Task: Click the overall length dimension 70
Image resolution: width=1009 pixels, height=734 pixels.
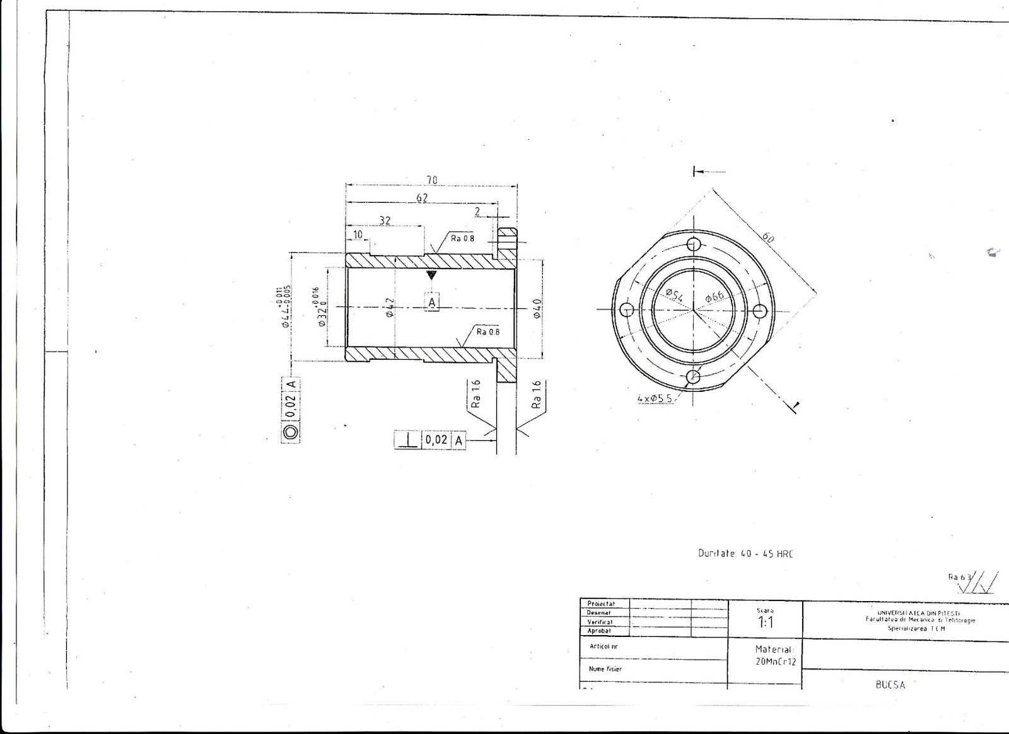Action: [432, 180]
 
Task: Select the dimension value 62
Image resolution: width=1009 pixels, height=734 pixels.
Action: [422, 198]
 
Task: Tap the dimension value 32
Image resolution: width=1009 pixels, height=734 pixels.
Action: [385, 220]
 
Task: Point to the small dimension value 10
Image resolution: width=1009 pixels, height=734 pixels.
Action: [358, 234]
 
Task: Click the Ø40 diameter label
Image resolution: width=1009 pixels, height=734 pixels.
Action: [537, 309]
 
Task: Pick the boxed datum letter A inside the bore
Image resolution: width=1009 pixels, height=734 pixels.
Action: [432, 303]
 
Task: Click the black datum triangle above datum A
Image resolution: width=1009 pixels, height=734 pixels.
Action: [431, 275]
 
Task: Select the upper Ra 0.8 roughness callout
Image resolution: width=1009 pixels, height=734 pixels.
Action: [462, 238]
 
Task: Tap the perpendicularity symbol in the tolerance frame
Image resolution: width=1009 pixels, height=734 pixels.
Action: [408, 440]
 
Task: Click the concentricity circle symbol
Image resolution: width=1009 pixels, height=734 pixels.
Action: [291, 432]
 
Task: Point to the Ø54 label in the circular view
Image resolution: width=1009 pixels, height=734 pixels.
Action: [675, 294]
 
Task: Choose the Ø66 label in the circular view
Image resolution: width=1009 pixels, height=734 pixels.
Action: [714, 294]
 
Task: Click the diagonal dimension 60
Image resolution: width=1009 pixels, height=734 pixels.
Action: [768, 238]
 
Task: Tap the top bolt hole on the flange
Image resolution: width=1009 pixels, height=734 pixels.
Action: [695, 244]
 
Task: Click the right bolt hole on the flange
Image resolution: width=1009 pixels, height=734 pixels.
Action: [760, 310]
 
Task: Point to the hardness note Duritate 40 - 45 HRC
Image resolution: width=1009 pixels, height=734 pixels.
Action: [745, 553]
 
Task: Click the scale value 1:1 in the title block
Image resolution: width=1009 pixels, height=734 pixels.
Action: [765, 622]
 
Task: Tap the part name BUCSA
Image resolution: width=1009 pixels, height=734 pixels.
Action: [890, 685]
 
